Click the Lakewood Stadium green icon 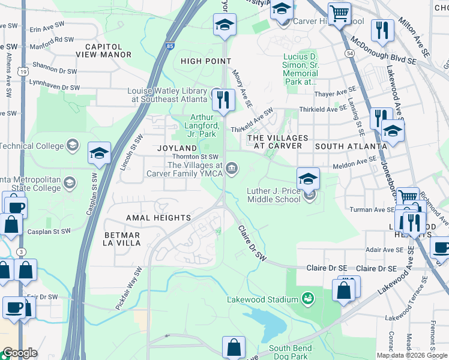point(308,298)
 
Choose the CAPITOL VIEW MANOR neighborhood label point(103,50)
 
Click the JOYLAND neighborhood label point(177,148)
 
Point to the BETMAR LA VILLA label point(113,239)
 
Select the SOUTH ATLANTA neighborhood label point(351,146)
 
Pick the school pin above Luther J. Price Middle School point(307,178)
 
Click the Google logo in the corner point(20,353)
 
